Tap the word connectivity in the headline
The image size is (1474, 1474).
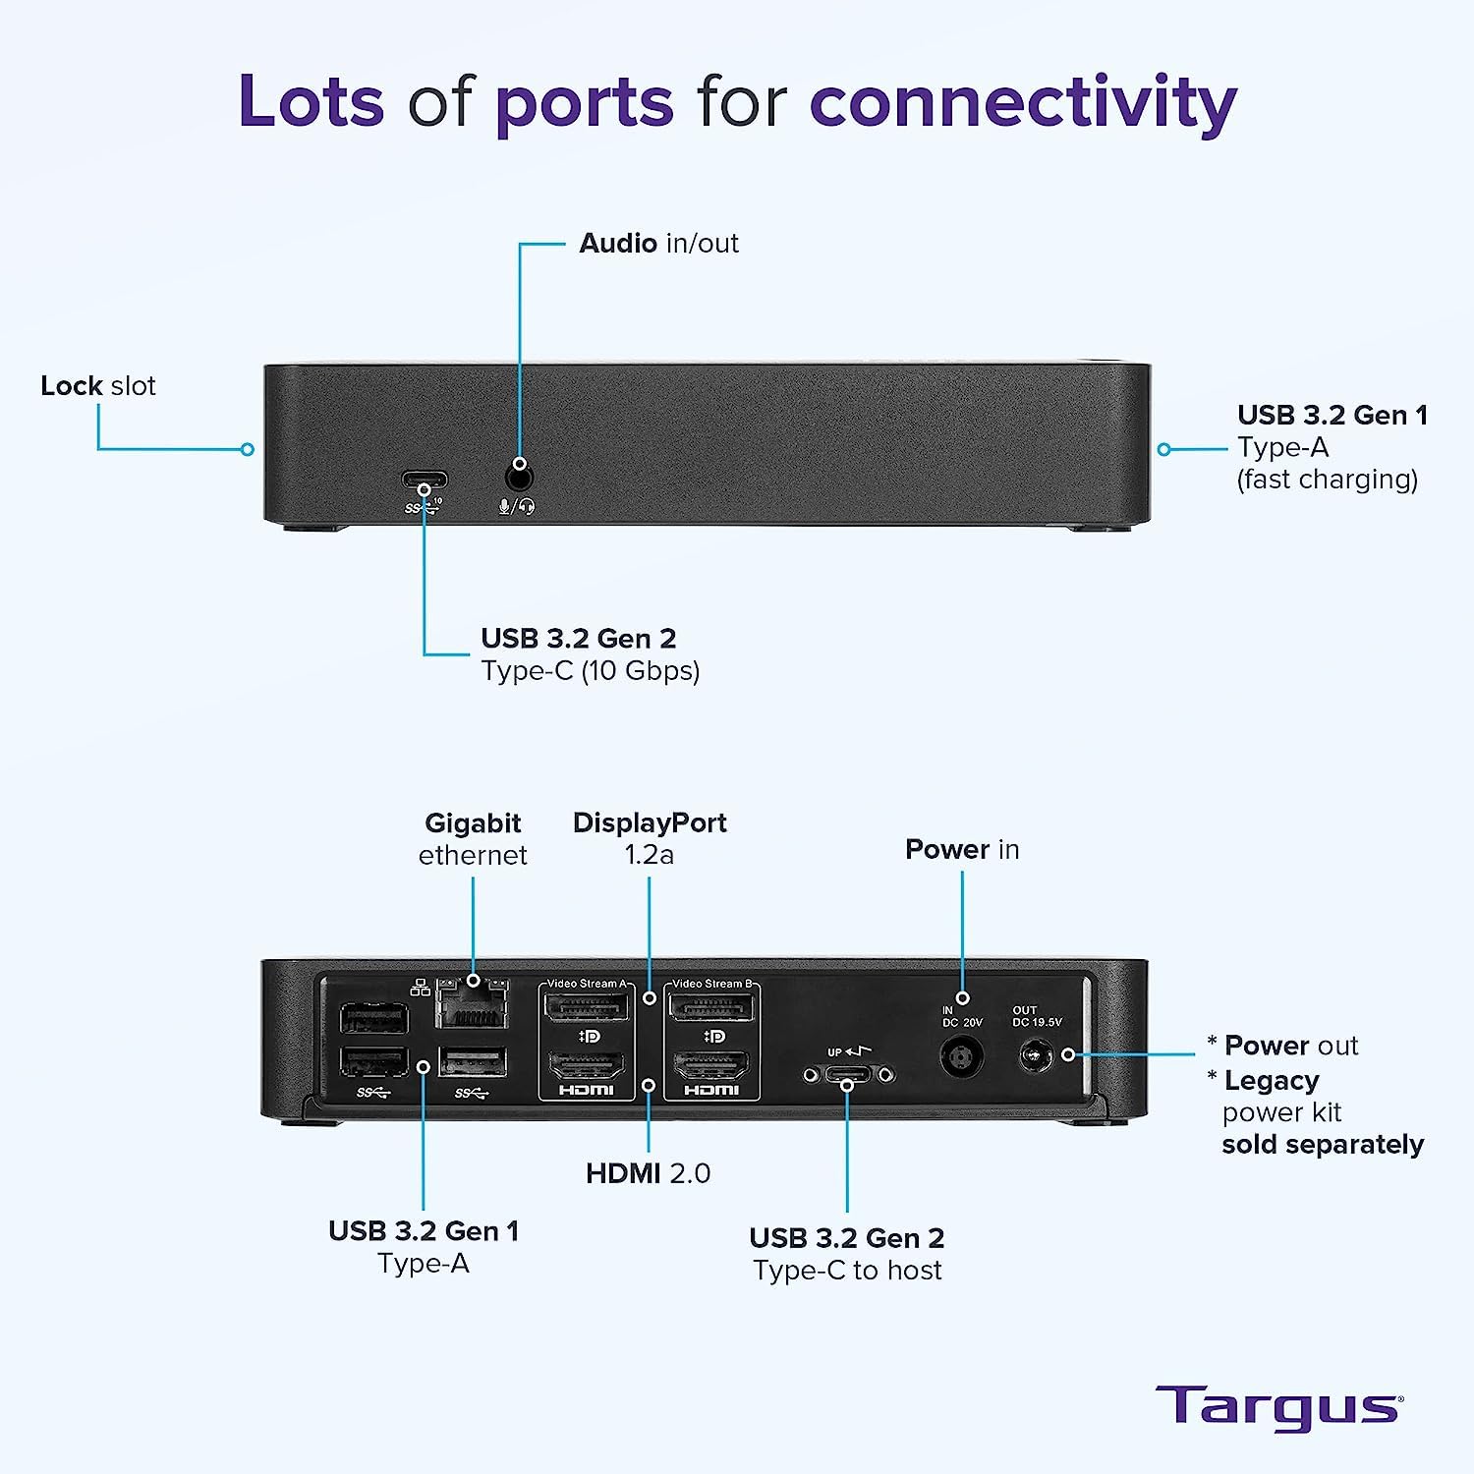(x=1022, y=102)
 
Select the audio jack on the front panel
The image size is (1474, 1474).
(x=519, y=478)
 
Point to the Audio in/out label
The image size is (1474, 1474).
(x=658, y=243)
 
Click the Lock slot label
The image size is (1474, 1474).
(x=98, y=385)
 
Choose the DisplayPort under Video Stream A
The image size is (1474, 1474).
(x=587, y=1007)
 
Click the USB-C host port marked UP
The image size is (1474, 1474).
(x=847, y=1075)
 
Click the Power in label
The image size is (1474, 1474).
(x=962, y=849)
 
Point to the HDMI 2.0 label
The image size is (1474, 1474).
(x=648, y=1172)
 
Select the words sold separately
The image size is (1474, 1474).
(x=1323, y=1145)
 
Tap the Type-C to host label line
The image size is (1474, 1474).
(x=847, y=1271)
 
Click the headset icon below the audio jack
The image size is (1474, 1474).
(x=528, y=507)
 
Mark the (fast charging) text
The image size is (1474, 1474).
(x=1327, y=479)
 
